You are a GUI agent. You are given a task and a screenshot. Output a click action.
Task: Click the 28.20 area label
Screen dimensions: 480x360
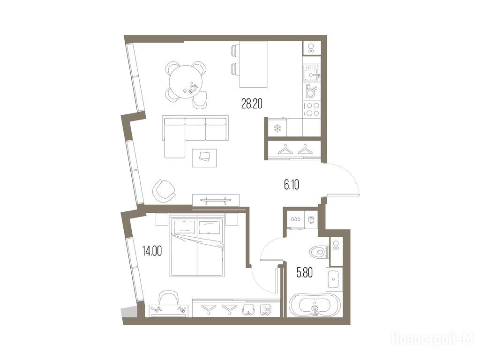(252, 104)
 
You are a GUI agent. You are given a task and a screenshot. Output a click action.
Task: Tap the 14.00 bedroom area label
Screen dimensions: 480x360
(152, 251)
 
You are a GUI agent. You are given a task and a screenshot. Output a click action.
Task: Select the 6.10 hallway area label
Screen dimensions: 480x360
(292, 185)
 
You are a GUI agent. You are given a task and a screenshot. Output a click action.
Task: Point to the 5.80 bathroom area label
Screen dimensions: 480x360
(305, 272)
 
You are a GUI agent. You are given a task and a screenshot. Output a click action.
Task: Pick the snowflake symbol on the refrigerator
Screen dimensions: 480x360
(277, 128)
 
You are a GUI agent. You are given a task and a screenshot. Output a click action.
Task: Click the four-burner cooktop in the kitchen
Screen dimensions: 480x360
(312, 109)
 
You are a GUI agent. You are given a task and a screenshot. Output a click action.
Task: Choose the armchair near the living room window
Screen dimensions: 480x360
(164, 189)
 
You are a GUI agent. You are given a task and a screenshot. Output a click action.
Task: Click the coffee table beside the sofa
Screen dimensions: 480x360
(204, 158)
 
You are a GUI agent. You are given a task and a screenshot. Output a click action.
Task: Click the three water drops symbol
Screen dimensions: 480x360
(295, 219)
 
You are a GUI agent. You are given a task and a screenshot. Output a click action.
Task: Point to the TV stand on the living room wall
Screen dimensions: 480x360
(216, 200)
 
